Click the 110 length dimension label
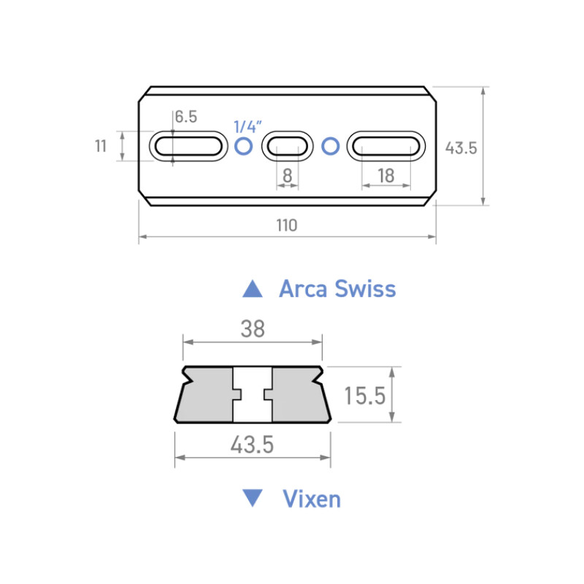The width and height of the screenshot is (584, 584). coord(287,226)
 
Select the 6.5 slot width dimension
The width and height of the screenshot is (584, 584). coord(186,117)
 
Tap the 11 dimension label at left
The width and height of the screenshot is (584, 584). coord(101,146)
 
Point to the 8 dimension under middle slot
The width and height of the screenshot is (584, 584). coord(287,175)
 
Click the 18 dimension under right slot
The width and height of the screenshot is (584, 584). coord(386,175)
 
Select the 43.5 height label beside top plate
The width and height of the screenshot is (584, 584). coord(461,147)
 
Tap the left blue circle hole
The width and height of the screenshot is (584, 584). coord(244,147)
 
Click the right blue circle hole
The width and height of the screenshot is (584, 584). coord(331,147)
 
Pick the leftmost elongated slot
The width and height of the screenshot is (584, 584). coord(188,147)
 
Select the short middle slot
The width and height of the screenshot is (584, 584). coord(287,147)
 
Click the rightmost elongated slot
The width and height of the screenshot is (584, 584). coord(386,147)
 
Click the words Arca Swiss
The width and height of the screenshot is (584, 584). coord(337,288)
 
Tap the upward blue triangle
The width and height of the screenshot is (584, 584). coord(253,288)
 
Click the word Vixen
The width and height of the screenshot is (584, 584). coord(311,499)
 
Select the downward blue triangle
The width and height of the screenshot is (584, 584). coord(253,499)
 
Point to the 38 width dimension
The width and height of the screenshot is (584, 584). coord(252,329)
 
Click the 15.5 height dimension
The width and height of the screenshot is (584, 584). coord(364,396)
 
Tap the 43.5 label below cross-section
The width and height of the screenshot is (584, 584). coord(252,445)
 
